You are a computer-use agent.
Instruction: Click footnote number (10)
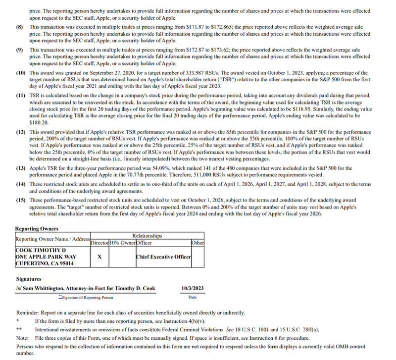click(20, 73)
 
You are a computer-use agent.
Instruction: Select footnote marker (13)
click(20, 168)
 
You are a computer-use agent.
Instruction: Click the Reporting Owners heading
click(37, 229)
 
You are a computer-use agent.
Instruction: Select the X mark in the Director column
click(100, 257)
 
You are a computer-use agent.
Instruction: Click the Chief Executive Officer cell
click(162, 257)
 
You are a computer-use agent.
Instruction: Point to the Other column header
click(198, 243)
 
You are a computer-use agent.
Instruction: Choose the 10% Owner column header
click(122, 243)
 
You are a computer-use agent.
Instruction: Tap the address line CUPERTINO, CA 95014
click(45, 263)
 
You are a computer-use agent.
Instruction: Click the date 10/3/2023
click(193, 288)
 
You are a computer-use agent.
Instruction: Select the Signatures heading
click(32, 279)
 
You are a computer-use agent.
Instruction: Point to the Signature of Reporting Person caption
click(87, 298)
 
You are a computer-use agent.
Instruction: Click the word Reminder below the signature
click(29, 313)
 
